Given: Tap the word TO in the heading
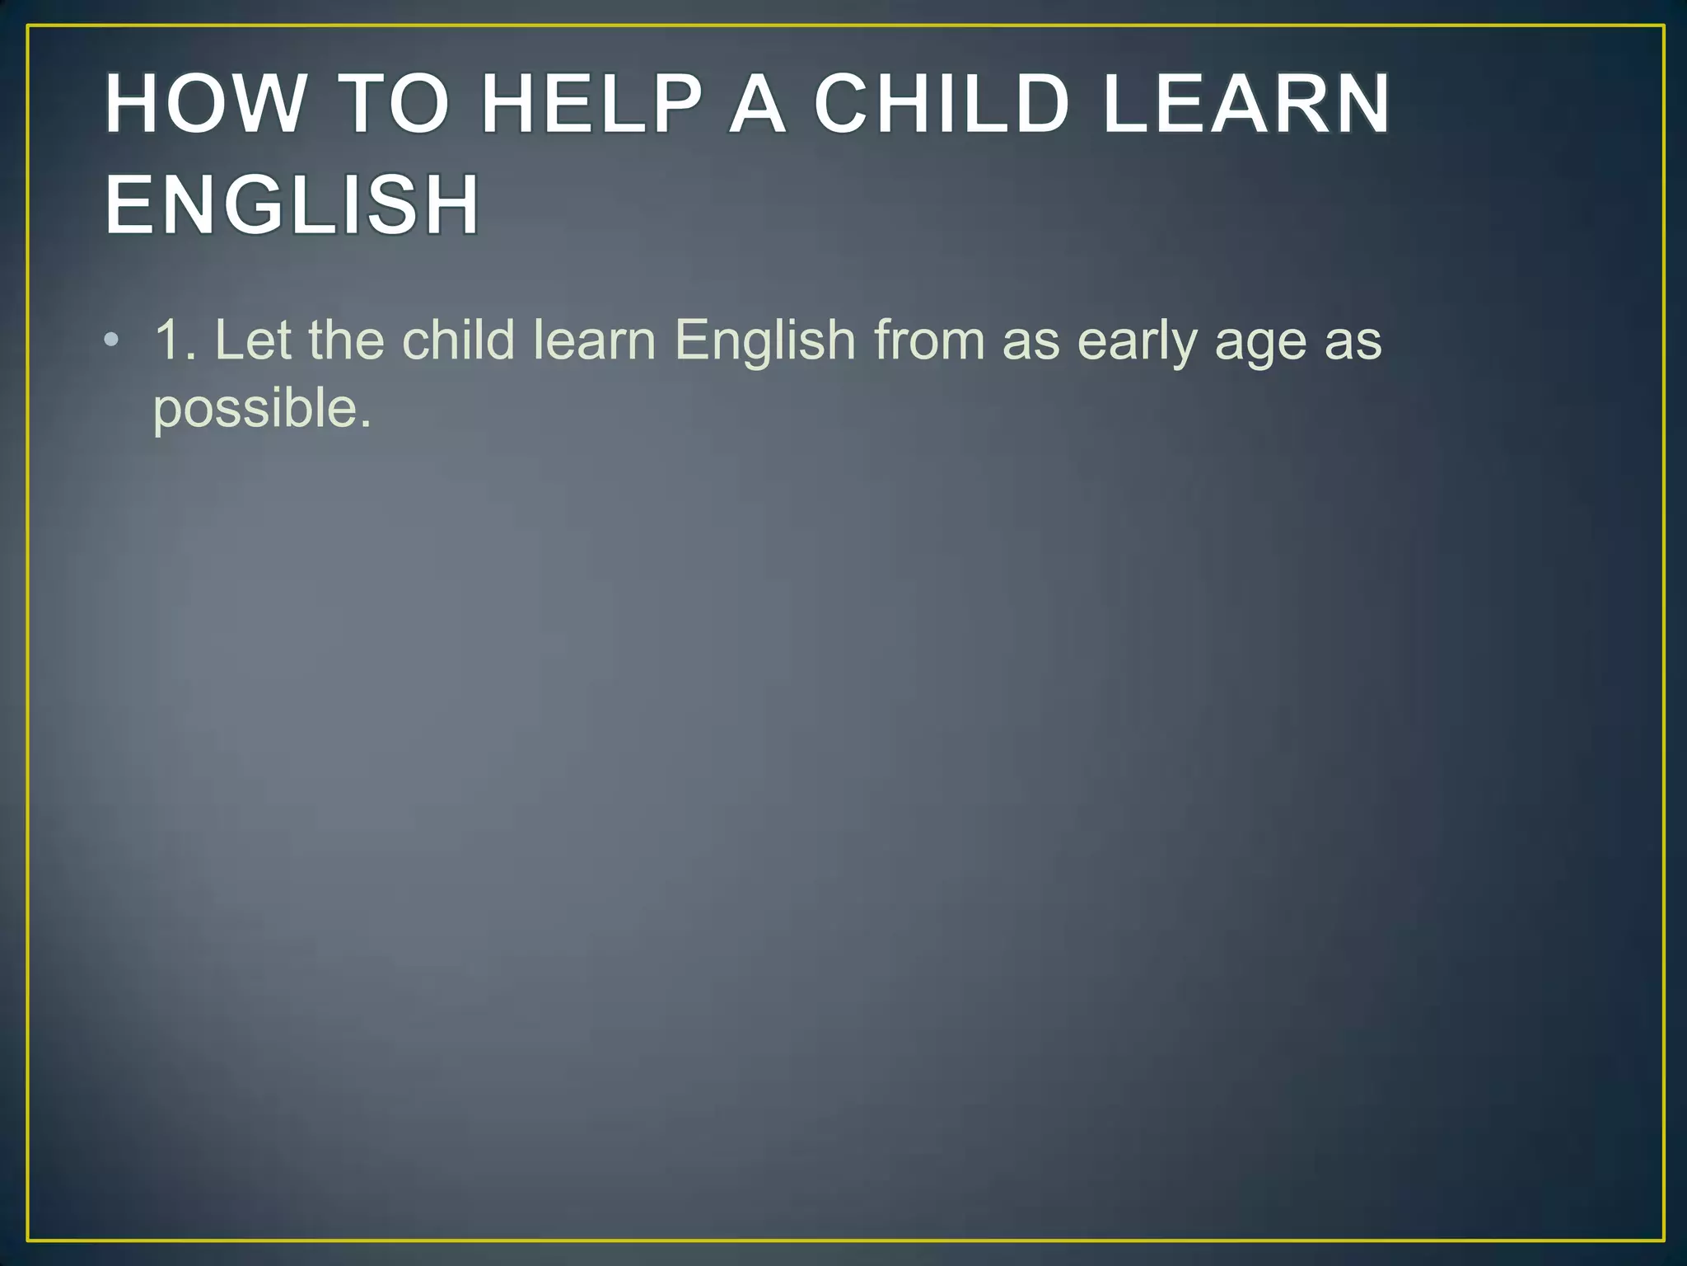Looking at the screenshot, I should pyautogui.click(x=394, y=105).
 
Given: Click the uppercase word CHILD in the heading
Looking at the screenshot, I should pyautogui.click(x=942, y=105).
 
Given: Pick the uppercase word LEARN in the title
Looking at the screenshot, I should pyautogui.click(x=1245, y=105).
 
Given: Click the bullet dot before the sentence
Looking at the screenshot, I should pyautogui.click(x=112, y=340).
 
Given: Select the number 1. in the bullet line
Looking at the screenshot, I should pyautogui.click(x=175, y=340).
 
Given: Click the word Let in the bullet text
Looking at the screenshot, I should pyautogui.click(x=252, y=340).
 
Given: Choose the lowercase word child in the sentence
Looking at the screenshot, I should pyautogui.click(x=458, y=340).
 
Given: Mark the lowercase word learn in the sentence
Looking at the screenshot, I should pyautogui.click(x=594, y=340).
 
